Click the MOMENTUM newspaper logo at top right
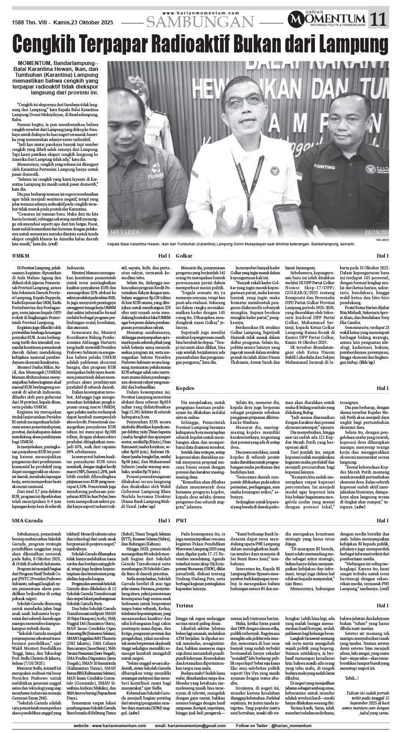pyautogui.click(x=328, y=19)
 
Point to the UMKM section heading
pyautogui.click(x=20, y=256)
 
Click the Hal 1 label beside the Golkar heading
pyautogui.click(x=382, y=256)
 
